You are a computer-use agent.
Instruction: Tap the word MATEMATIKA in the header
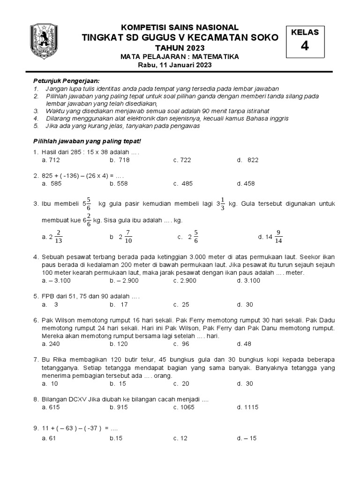(217, 57)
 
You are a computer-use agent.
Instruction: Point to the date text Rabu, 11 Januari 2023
(174, 65)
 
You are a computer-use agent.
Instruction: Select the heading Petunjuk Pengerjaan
(66, 81)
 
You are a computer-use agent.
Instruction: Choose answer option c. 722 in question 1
(182, 160)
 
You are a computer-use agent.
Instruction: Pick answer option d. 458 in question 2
(246, 184)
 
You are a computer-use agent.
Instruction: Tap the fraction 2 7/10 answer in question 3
(122, 237)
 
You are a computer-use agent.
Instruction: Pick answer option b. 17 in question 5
(119, 304)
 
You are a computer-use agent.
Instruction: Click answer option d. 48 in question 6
(244, 344)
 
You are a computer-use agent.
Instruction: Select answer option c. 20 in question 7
(181, 383)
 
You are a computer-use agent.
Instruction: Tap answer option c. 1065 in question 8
(184, 407)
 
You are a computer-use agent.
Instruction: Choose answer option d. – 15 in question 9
(247, 438)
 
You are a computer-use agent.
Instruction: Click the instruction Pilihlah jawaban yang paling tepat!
(87, 141)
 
